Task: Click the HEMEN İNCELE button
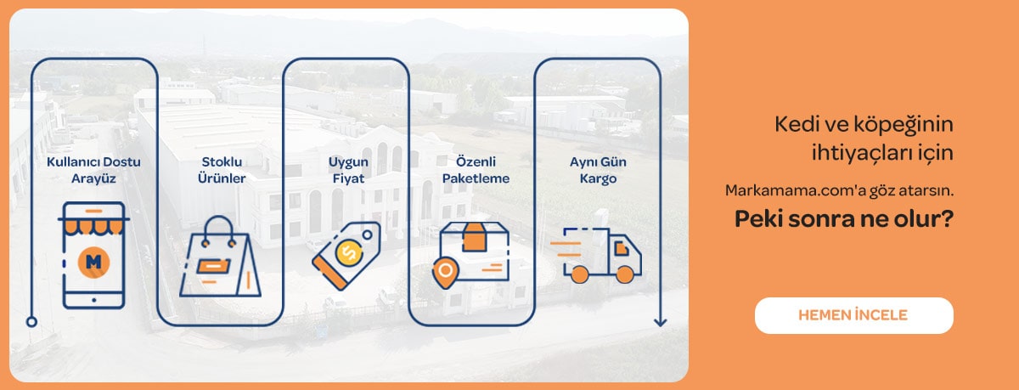(x=853, y=315)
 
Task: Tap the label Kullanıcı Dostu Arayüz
(x=93, y=170)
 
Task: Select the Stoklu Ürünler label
(x=223, y=170)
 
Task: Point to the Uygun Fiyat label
(x=346, y=170)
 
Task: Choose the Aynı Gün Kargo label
(x=594, y=170)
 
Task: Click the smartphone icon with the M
(x=93, y=255)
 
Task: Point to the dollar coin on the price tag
(x=346, y=252)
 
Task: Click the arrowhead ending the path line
(x=660, y=322)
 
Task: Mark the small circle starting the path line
(x=31, y=322)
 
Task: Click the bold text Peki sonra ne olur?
(x=843, y=219)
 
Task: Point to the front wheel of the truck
(x=624, y=274)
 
